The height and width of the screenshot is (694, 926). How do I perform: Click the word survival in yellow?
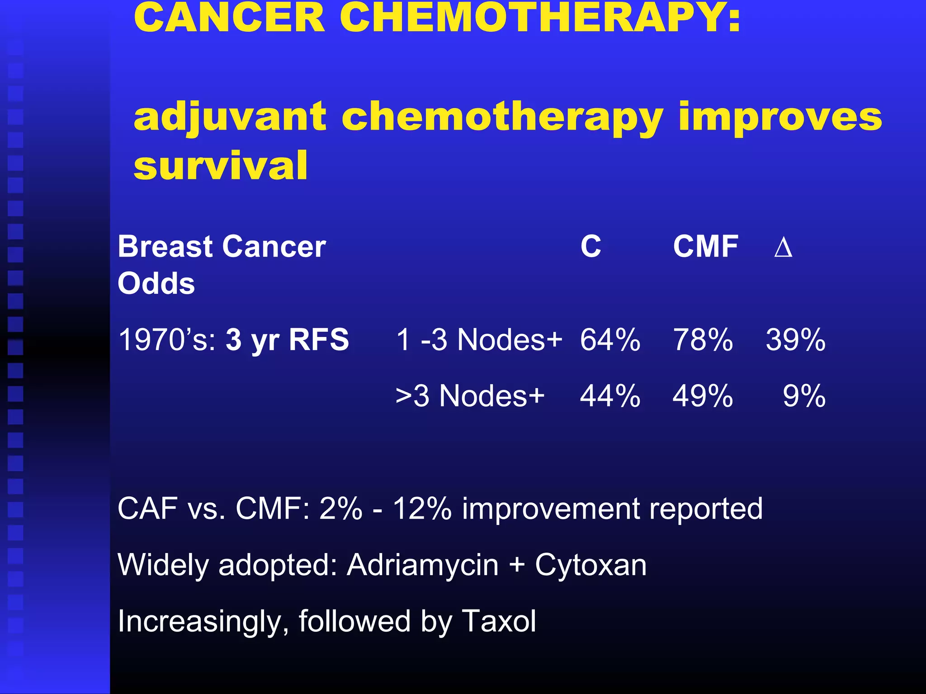coord(221,166)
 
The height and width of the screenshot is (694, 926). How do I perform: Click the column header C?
coord(591,247)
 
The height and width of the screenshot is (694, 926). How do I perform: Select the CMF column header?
coord(705,247)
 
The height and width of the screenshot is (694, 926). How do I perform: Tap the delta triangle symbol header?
coord(783,248)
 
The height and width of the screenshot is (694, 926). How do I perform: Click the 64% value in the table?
coord(610,340)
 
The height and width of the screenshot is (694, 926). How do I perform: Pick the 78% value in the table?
coord(703,340)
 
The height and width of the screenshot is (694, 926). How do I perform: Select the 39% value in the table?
coord(795,340)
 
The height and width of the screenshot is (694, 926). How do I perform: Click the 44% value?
coord(610,396)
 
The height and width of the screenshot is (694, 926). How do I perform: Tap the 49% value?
coord(703,396)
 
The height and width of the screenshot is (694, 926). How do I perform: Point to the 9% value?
coord(804,396)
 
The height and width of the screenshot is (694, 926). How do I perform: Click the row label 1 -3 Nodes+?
coord(479,340)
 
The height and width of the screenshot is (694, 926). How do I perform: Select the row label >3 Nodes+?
coord(470,396)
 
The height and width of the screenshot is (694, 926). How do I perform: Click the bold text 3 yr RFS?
coord(287,340)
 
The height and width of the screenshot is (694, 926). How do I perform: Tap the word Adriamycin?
coord(422,565)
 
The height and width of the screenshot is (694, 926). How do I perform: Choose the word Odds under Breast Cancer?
coord(156,284)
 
